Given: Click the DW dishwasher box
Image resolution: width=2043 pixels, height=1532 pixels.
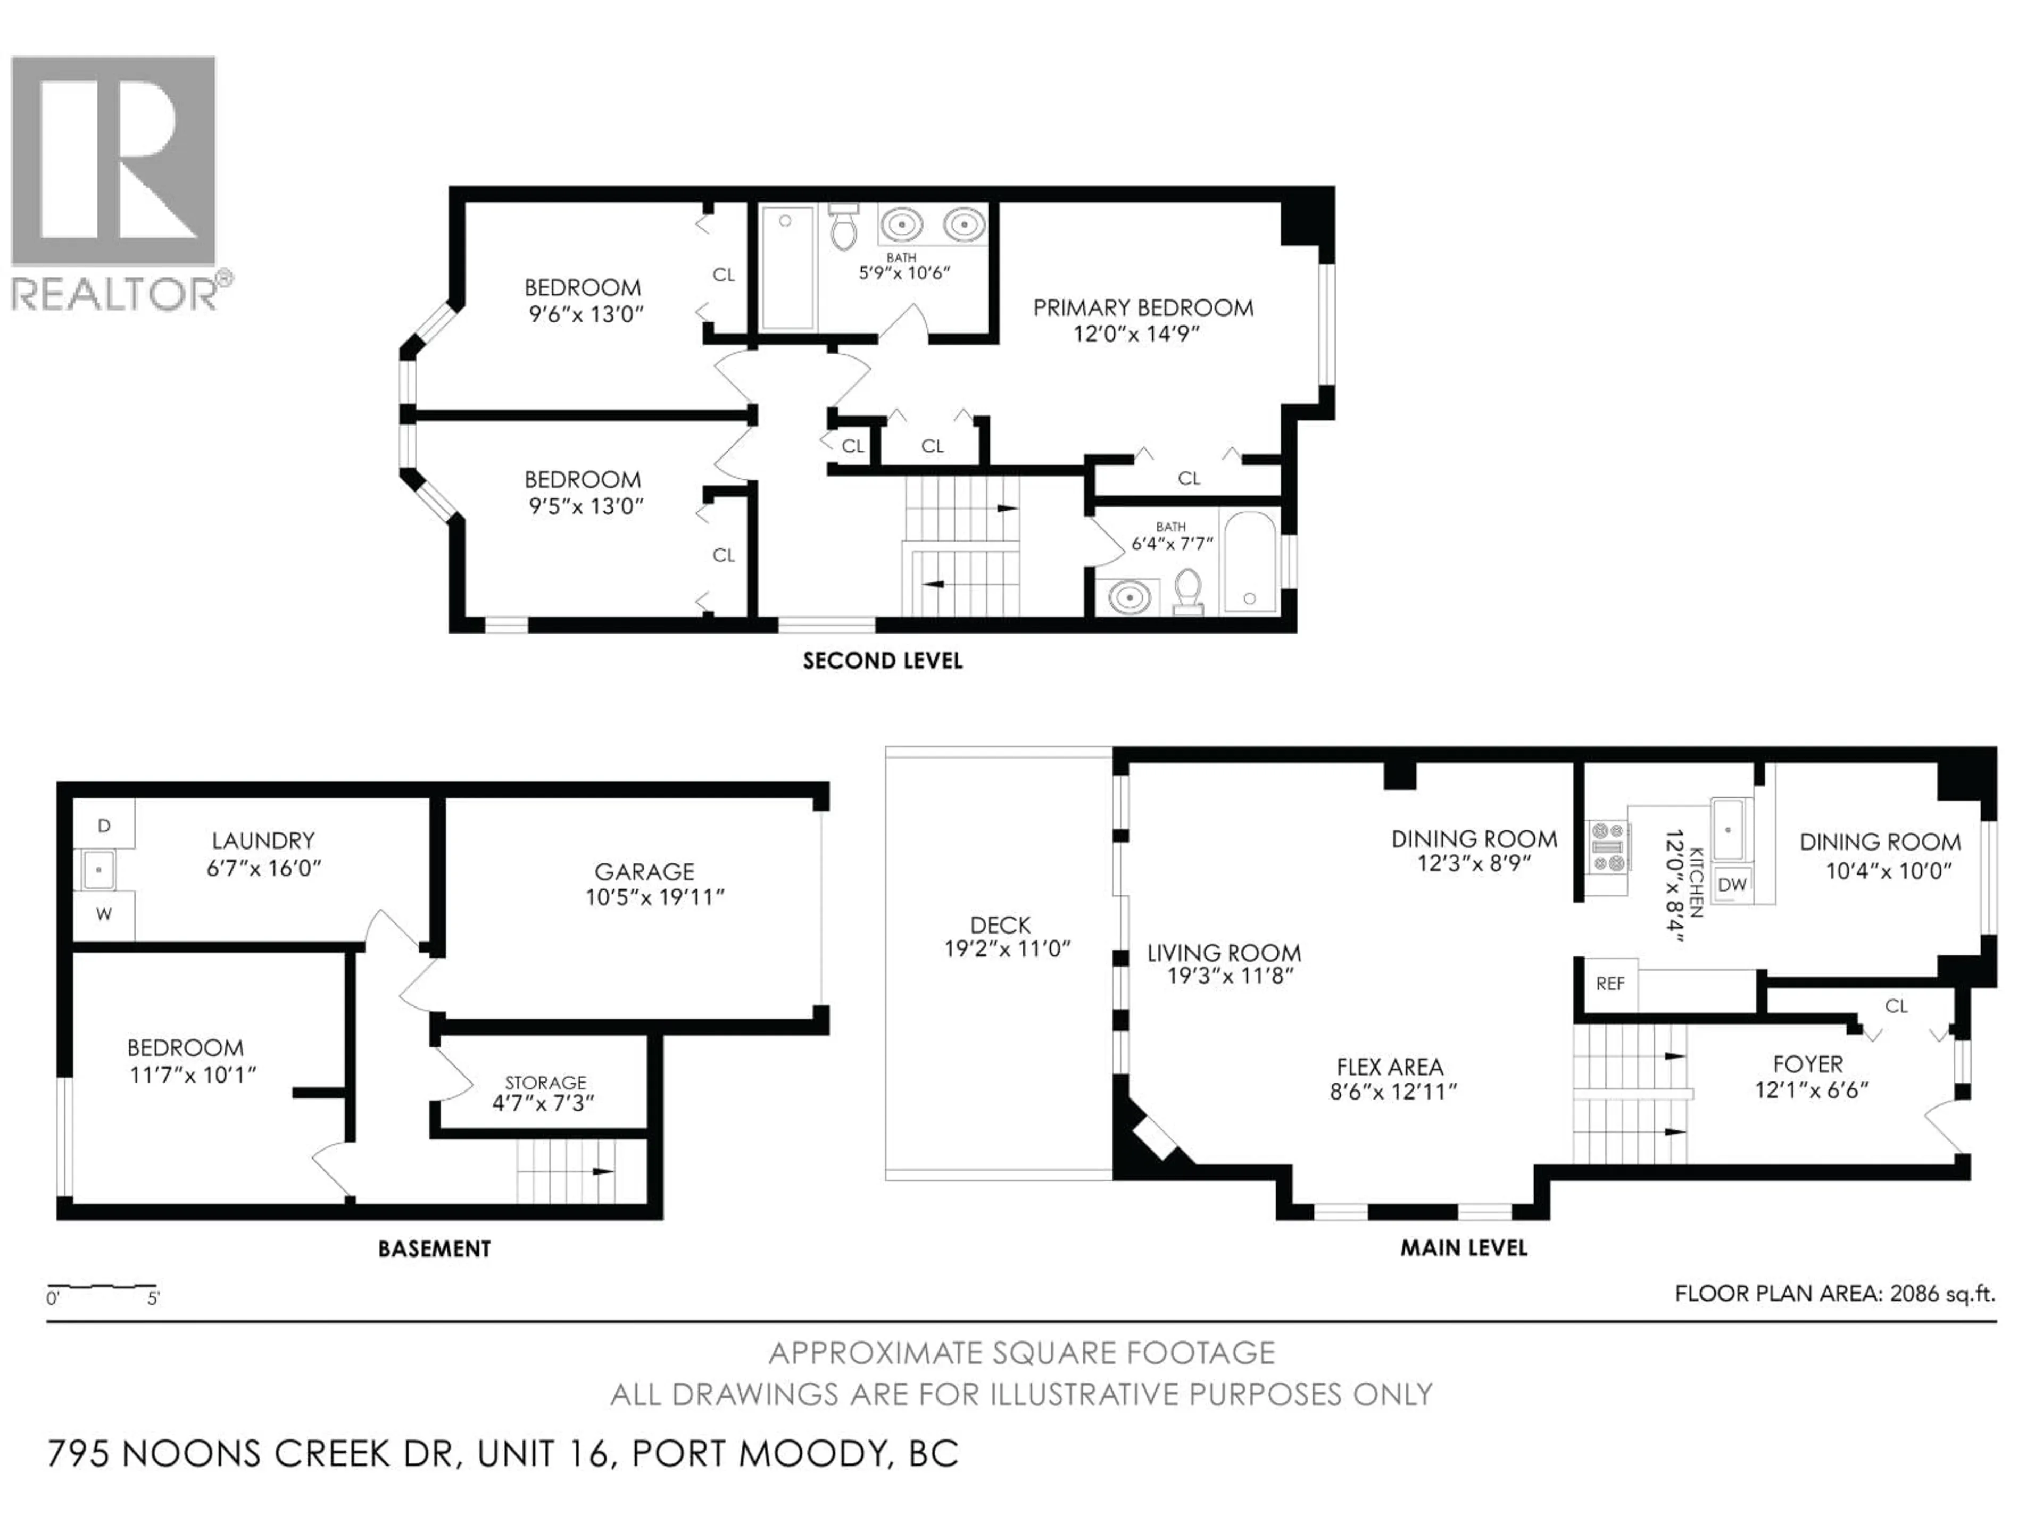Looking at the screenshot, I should (x=1732, y=884).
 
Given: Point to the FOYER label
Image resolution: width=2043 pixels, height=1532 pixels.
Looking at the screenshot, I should (x=1807, y=1064).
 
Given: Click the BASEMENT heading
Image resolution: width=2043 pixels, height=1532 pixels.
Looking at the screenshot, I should (x=434, y=1248).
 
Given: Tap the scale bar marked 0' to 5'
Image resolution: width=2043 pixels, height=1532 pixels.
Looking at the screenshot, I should (x=102, y=1286).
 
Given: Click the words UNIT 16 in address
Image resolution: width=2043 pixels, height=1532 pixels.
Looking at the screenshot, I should (x=545, y=1453).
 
